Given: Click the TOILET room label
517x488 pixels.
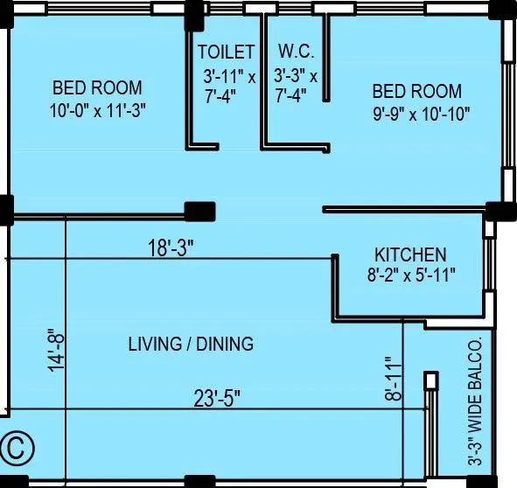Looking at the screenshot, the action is pos(227,52).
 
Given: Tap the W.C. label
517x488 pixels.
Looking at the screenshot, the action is pos(296,51).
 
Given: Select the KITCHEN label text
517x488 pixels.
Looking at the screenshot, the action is pos(410,254).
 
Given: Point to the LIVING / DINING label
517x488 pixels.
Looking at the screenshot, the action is pos(191,344).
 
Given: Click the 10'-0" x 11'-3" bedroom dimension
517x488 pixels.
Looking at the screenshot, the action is pos(98,111).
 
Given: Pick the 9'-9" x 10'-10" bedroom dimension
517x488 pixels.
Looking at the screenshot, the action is pos(421,115).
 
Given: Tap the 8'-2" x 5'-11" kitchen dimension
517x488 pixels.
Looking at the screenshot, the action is pos(411,275).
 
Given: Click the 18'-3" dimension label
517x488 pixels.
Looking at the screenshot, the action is pos(170,247).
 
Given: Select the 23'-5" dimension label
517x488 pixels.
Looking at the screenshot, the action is pos(217,398).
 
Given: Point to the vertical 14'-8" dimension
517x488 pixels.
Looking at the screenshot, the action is pos(56,351).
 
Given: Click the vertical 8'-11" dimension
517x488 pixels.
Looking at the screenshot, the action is pos(394,378).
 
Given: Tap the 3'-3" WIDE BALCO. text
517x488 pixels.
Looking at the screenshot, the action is pos(475,401).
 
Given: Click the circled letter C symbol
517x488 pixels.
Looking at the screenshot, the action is pos(17,449).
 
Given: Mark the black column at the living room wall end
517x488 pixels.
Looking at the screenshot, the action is pos(199,212).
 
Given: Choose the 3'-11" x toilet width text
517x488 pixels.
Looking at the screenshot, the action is pos(229,77).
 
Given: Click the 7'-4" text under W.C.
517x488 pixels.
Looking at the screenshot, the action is pos(290,95).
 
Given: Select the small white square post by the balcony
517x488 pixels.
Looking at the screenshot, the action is pos(431,380).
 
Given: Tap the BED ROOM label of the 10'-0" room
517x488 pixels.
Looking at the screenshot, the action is pos(98,87).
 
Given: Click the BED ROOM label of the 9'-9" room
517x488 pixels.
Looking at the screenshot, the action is pos(417,91).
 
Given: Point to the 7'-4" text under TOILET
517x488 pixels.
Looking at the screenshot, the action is pos(220,96).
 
